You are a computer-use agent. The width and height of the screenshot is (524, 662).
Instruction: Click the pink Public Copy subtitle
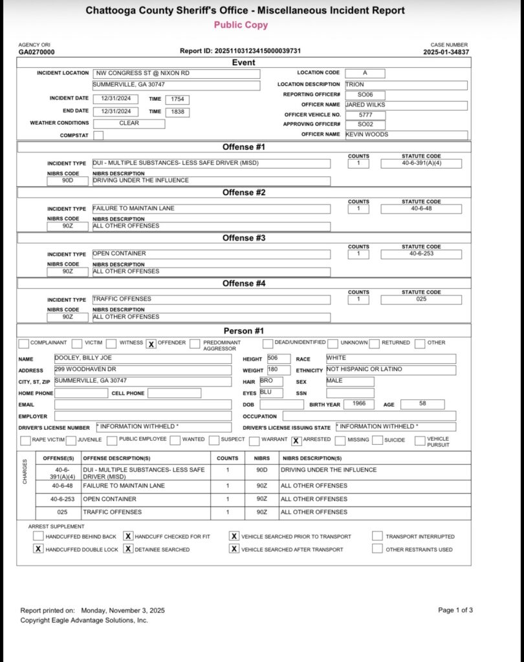point(241,25)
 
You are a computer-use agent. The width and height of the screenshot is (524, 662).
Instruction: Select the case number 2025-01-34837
point(446,52)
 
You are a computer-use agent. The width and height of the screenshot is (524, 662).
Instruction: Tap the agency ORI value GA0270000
point(36,52)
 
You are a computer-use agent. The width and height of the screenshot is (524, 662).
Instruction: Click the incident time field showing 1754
point(177,99)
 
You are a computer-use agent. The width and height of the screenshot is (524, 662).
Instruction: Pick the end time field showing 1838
point(177,112)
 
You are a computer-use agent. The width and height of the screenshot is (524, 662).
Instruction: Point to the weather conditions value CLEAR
point(129,123)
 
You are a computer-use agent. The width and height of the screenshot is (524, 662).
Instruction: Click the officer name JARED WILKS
point(367,105)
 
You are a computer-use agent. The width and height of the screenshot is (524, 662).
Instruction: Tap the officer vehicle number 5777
point(365,115)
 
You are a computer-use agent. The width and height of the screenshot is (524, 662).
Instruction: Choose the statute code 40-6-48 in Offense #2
point(421,209)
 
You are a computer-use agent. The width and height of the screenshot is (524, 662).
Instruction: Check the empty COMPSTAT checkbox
point(98,136)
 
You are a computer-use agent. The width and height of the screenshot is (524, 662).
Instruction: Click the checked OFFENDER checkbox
point(151,344)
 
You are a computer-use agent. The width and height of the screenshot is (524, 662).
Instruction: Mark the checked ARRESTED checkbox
point(296,441)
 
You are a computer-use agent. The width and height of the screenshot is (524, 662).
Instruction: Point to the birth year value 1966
point(355,404)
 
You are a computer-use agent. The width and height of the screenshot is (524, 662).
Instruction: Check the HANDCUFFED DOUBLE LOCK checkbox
point(38,549)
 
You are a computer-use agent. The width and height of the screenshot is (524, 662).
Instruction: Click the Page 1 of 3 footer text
point(455,610)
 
